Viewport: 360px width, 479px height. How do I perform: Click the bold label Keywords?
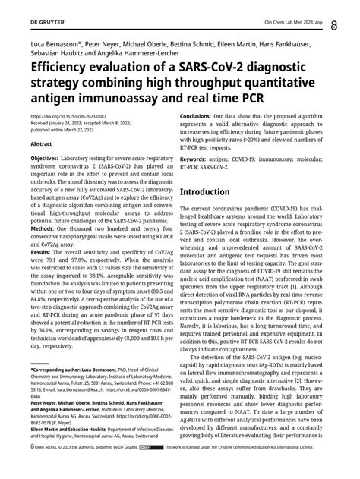tap(198, 160)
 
